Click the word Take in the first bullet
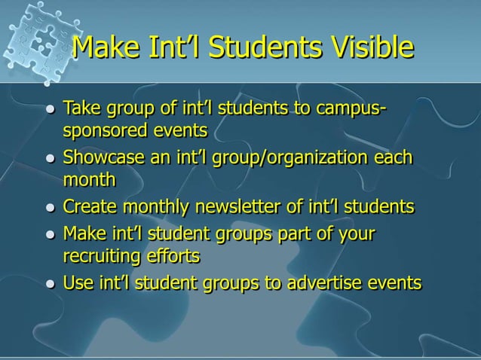point(81,108)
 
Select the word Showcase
point(101,158)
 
